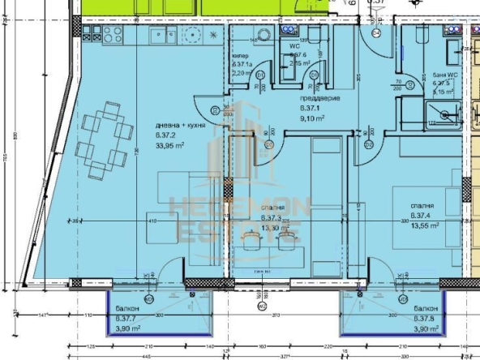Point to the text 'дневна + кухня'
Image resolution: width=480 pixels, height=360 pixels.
[x=178, y=125]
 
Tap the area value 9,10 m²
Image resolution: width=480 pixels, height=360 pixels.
[x=313, y=117]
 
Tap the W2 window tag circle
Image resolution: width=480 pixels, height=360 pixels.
[x=261, y=306]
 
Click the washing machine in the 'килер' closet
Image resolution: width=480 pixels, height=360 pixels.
[x=241, y=36]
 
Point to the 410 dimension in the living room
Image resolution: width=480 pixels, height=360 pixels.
[x=151, y=220]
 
